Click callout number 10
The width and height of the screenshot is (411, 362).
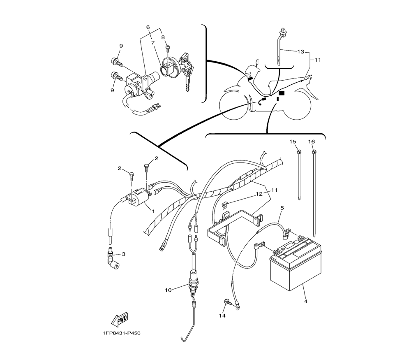[x=168, y=290]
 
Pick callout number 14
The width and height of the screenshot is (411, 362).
[x=222, y=316]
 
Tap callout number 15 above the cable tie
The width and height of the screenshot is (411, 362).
[x=293, y=142]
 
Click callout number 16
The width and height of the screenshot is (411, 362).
[x=312, y=142]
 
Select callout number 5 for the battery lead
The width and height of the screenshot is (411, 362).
[x=282, y=208]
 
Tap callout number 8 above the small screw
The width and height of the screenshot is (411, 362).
[x=163, y=37]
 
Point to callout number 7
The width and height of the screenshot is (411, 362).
[x=152, y=42]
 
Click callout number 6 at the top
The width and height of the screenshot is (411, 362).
[x=148, y=27]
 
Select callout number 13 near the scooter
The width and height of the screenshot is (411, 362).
[x=301, y=52]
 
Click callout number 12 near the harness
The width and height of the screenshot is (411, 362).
[x=259, y=193]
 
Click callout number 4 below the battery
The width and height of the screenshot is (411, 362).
[x=306, y=302]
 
